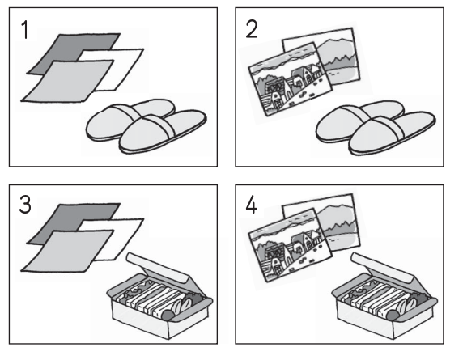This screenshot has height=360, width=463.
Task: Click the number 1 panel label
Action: (26, 30)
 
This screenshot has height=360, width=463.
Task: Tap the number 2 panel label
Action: (251, 29)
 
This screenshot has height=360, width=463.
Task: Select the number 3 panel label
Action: (25, 205)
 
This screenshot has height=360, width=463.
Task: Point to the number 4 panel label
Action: (251, 205)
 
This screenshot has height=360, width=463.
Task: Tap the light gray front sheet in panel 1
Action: (68, 81)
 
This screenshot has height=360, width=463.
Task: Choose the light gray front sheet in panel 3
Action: (68, 251)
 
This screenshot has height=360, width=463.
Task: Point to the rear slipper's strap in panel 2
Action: (357, 113)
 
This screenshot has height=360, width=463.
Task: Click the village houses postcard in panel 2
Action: (290, 79)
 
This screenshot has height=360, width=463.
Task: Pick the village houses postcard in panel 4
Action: (290, 245)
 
